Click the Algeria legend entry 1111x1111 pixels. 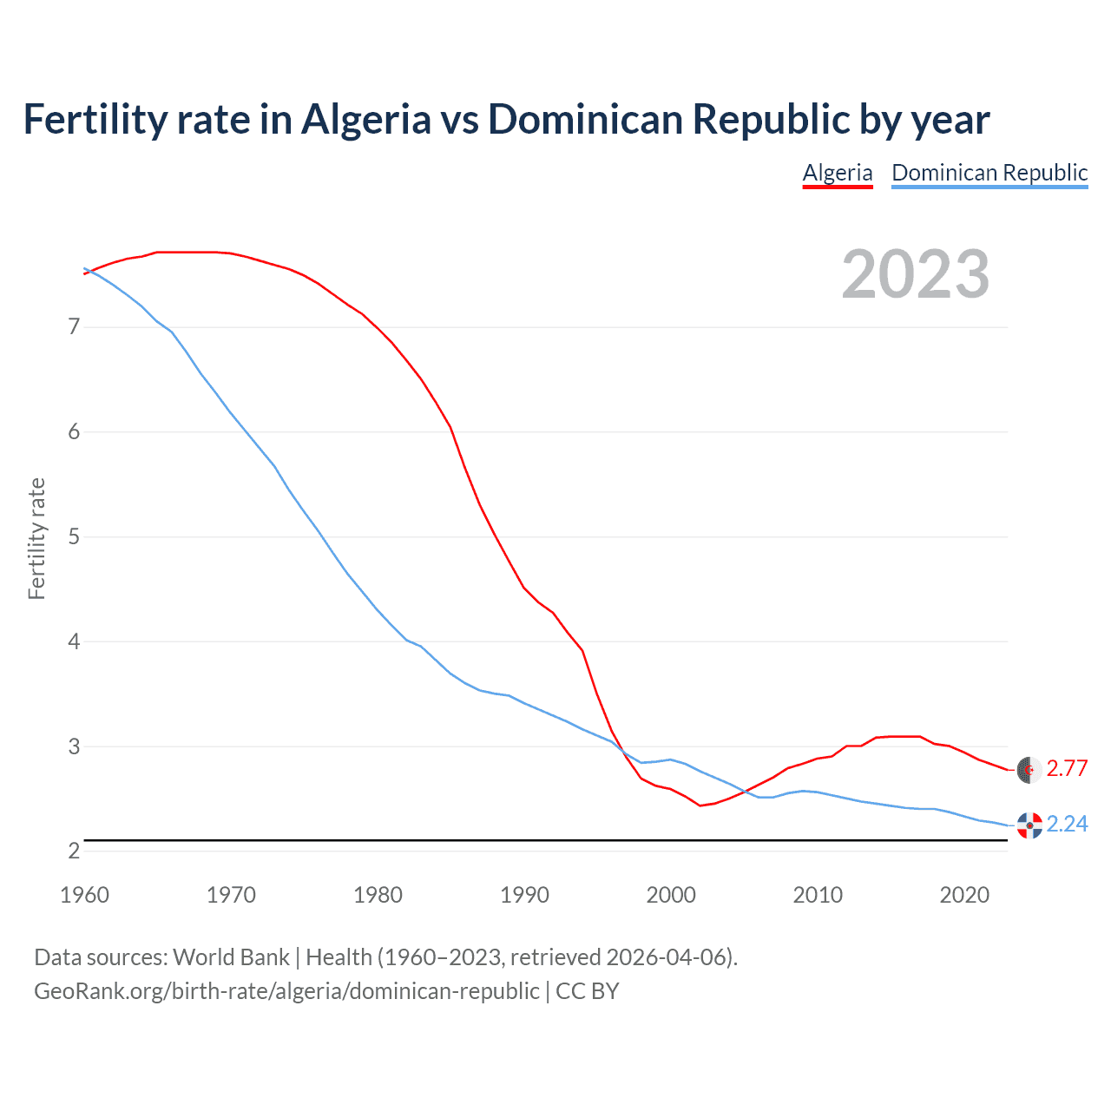coord(837,173)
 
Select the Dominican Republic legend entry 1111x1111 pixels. coord(989,173)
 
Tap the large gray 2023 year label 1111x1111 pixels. coord(916,274)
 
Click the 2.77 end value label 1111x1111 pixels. coord(1067,768)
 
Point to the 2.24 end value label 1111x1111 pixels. coord(1067,824)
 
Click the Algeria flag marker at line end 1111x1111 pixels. coord(1029,769)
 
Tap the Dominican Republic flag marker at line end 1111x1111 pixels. coord(1029,825)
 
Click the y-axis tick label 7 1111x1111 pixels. coord(74,327)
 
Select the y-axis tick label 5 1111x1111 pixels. coord(74,537)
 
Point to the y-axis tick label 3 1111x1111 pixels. coord(74,746)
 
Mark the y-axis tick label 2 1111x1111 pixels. coord(74,851)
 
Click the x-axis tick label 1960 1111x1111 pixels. coord(84,895)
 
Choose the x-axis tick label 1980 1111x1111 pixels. coord(378,895)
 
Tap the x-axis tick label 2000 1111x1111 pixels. coord(671,895)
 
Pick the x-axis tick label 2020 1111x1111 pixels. coord(964,895)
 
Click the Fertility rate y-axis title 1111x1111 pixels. coord(36,538)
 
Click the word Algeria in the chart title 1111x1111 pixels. coord(365,119)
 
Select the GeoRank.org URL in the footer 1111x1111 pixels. coord(286,991)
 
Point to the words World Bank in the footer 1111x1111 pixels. coord(231,957)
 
